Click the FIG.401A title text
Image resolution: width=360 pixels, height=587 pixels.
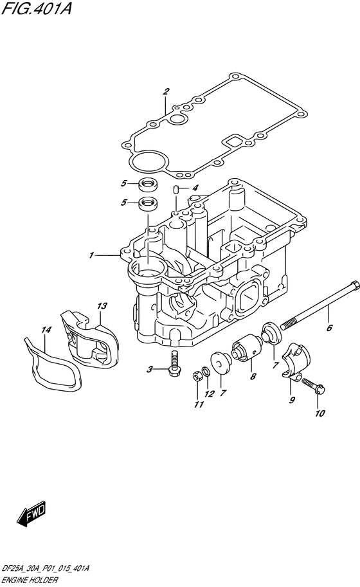pos(36,8)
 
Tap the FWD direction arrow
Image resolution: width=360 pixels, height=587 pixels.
pos(31,513)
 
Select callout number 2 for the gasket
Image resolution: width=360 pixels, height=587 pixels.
pos(166,91)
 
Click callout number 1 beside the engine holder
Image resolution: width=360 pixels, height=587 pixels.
pos(91,255)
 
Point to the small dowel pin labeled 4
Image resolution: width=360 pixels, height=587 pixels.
pos(177,188)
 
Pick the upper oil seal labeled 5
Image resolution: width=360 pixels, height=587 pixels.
pos(148,184)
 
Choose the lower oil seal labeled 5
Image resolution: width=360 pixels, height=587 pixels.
pos(148,204)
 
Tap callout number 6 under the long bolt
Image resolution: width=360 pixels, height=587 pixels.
pos(329,328)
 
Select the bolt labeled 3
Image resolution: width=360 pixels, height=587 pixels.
pos(174,363)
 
